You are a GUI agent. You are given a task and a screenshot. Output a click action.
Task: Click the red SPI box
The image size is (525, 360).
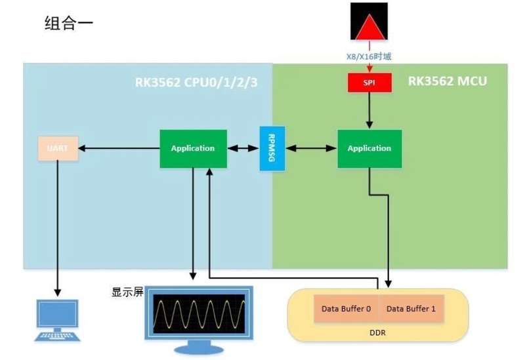(x=369, y=82)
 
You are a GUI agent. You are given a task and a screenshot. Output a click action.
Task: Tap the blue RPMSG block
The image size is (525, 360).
(x=271, y=148)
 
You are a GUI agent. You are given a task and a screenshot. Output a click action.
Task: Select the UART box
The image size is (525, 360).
(x=57, y=148)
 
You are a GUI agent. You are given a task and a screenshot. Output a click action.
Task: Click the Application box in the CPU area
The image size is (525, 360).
(x=193, y=148)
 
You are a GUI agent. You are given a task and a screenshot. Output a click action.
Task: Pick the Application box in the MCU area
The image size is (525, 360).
(x=369, y=148)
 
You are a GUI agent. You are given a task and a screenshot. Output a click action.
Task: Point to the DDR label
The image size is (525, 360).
(x=378, y=332)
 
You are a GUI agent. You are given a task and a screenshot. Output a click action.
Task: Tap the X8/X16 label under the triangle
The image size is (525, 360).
(x=369, y=56)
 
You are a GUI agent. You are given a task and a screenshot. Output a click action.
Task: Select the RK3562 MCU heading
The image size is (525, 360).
(x=447, y=81)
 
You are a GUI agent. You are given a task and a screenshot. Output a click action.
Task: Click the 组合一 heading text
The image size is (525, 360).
(x=69, y=24)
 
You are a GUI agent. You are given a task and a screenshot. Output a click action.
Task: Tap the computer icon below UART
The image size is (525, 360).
(x=58, y=320)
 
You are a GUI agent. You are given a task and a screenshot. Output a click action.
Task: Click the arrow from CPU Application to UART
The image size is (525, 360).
(x=119, y=148)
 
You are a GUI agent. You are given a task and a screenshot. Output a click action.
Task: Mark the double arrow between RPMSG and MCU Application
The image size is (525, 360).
(x=310, y=148)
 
